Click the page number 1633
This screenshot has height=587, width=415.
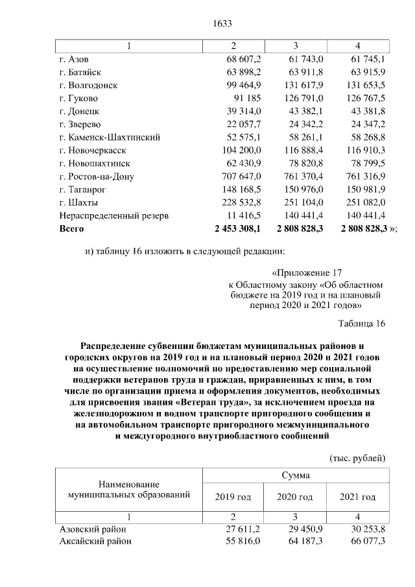(x=222, y=24)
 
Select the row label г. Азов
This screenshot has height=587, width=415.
(x=74, y=59)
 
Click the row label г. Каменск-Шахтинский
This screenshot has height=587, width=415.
(x=109, y=137)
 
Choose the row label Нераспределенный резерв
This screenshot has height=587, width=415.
(x=114, y=215)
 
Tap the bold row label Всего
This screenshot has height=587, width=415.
(x=71, y=228)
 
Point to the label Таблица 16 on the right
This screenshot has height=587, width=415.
(x=362, y=324)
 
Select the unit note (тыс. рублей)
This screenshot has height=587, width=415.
(x=358, y=457)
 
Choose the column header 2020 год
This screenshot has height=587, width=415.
(x=295, y=497)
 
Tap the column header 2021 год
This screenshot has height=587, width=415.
(x=358, y=497)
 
